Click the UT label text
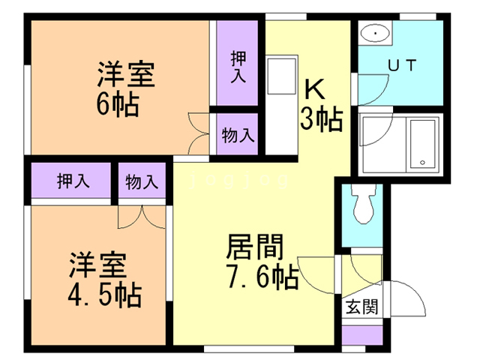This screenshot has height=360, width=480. tap(403, 66)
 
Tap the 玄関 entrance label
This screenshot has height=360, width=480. tap(361, 306)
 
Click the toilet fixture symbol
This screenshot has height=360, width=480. tap(365, 205)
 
